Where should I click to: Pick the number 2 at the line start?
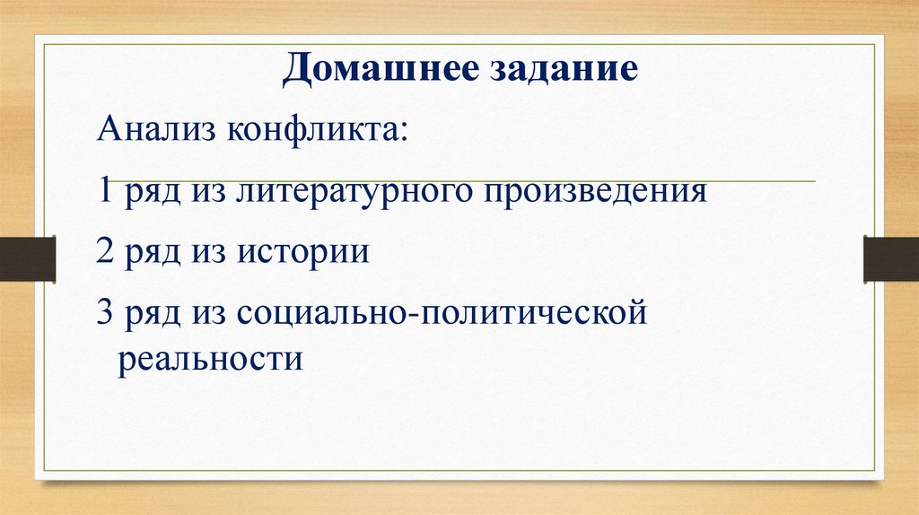click(104, 252)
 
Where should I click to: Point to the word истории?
click(303, 252)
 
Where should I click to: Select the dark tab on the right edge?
click(890, 257)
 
